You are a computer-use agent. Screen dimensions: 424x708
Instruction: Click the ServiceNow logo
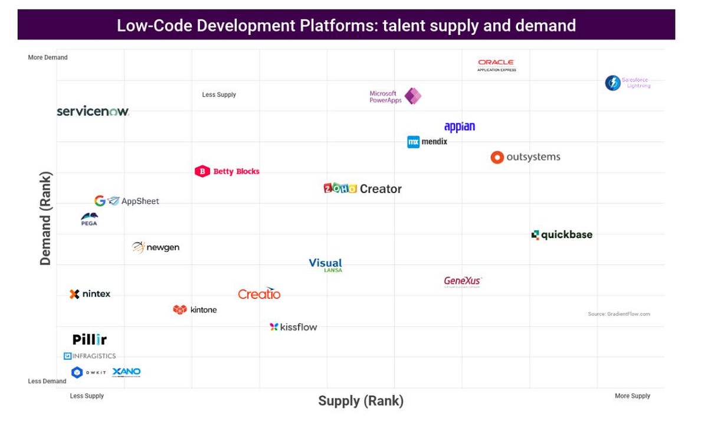point(93,111)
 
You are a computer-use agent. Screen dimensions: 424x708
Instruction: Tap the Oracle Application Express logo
point(496,65)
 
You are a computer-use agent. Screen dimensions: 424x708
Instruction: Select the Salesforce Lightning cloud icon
point(612,83)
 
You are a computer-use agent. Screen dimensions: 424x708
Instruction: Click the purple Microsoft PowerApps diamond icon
point(412,96)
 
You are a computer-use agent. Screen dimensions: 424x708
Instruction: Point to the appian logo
point(459,127)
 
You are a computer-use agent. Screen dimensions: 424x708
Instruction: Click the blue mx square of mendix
point(413,142)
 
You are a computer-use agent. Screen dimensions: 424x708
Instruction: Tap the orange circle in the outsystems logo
point(497,157)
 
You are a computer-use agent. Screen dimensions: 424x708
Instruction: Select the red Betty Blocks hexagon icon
point(202,171)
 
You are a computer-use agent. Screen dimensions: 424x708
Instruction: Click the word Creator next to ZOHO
point(381,189)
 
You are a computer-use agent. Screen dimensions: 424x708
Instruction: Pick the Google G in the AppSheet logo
point(100,201)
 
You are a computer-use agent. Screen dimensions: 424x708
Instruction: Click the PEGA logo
point(89,219)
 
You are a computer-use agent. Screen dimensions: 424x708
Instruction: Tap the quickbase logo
point(562,234)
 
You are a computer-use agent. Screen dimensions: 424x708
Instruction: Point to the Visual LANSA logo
point(326,265)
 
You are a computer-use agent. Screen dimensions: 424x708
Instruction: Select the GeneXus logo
point(463,282)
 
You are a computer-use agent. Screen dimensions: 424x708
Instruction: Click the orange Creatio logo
point(259,293)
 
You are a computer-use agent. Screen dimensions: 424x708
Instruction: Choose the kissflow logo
point(293,327)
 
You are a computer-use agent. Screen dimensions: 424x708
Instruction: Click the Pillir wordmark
point(90,340)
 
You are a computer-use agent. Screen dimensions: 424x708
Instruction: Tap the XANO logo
point(126,372)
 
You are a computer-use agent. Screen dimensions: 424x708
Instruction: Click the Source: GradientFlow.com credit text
point(618,314)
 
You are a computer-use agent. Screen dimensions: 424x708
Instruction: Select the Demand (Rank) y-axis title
point(46,218)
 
